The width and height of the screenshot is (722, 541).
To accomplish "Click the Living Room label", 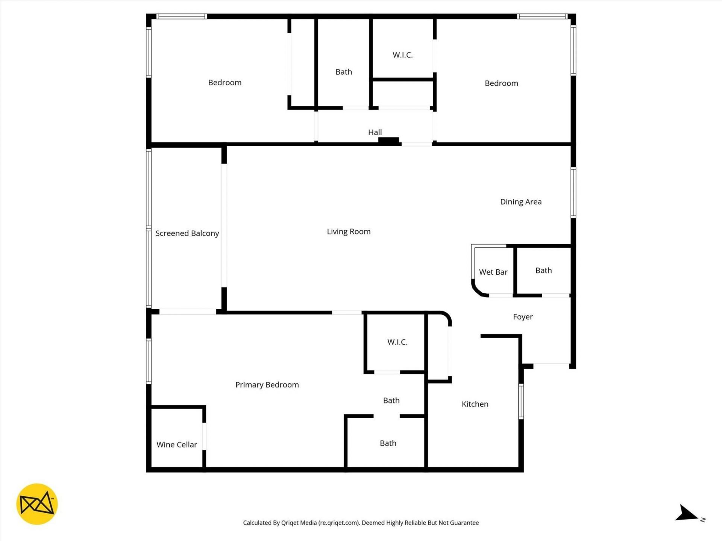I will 349,231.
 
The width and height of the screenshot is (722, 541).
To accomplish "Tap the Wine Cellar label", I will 177,444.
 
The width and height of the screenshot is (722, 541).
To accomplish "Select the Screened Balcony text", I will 187,233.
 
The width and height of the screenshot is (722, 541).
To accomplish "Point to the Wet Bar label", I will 493,272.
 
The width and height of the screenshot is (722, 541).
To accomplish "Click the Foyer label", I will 523,317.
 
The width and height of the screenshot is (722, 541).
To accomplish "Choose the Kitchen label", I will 475,404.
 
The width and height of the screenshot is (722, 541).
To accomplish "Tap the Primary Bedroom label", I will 267,385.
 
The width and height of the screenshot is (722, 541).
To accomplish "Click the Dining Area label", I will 521,202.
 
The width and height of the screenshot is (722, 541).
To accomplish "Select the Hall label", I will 375,132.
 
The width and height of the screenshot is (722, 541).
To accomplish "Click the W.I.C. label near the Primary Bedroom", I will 397,342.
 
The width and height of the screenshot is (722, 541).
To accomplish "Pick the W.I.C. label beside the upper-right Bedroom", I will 403,55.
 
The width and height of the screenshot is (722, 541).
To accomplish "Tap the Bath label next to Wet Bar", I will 543,270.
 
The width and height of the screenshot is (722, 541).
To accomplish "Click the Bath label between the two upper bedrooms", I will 344,72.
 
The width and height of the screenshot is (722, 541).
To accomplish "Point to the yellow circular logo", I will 37,504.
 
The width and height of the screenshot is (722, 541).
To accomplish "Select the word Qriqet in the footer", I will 290,523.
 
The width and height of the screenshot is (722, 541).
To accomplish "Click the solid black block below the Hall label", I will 388,141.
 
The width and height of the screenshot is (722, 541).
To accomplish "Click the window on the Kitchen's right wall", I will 521,401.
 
